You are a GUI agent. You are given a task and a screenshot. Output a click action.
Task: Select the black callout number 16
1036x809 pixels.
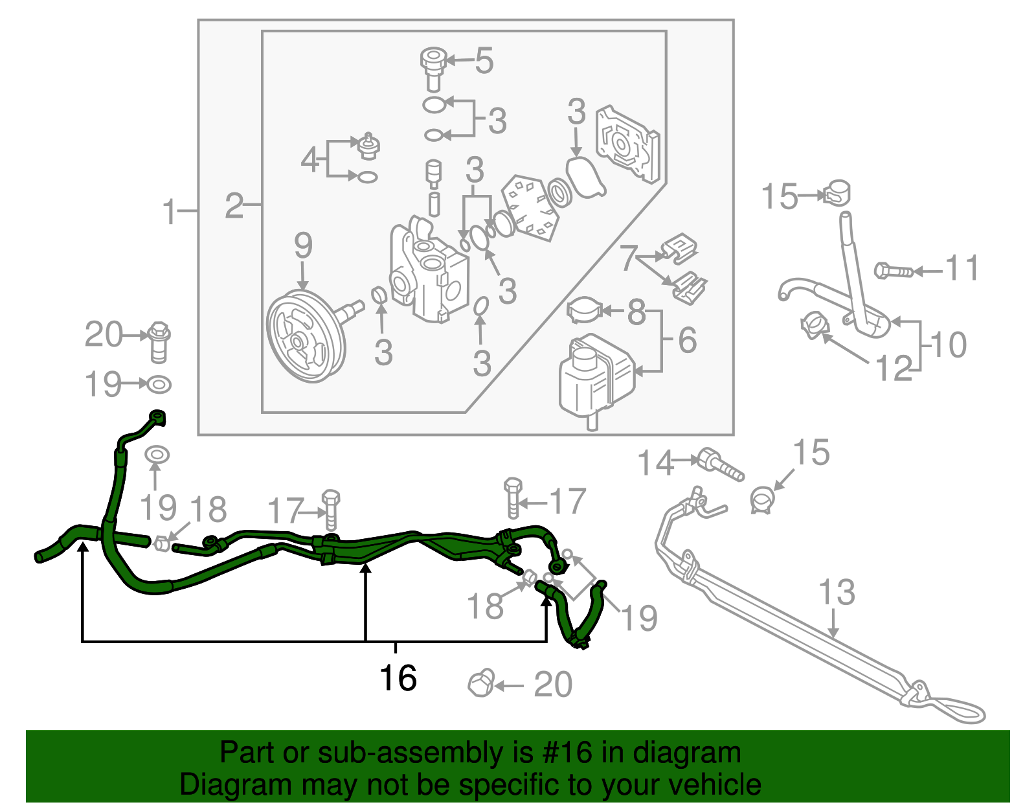click(x=398, y=678)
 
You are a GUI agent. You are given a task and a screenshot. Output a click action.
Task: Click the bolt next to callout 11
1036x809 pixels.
click(x=894, y=271)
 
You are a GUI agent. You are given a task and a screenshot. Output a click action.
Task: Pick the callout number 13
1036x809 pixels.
click(x=836, y=593)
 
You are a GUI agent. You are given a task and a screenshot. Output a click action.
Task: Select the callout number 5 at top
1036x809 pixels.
click(x=484, y=61)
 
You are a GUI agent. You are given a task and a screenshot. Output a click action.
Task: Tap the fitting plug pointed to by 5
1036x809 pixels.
click(x=433, y=67)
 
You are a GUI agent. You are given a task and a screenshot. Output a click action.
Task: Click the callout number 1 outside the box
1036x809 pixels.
click(x=170, y=212)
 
